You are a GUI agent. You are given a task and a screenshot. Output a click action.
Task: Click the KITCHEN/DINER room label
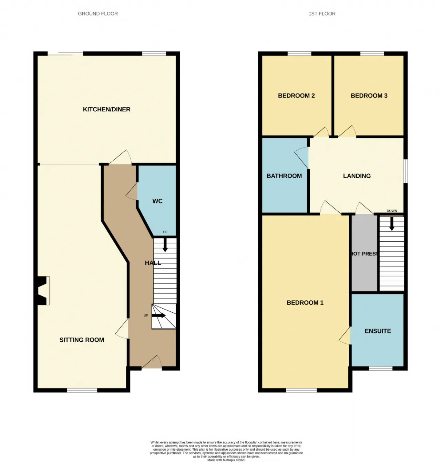pos(106,109)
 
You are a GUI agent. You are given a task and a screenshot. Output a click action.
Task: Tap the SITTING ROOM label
pos(82,340)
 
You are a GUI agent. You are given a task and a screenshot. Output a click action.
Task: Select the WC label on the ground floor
pos(157,201)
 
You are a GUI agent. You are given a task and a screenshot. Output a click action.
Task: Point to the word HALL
pos(153,263)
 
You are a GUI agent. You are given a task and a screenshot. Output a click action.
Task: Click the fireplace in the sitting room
pos(42,290)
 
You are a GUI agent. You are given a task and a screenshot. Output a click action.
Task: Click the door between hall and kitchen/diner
pos(121,157)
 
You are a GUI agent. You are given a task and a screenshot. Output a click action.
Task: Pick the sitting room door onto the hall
pos(122,328)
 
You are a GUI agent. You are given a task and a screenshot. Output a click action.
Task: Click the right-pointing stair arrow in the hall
pos(158,315)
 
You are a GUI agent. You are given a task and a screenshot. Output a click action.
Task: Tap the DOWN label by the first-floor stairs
pos(392,211)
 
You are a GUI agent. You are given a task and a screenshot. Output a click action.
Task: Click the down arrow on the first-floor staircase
pos(392,223)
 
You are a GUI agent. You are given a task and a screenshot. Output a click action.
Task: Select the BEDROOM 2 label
pos(296,96)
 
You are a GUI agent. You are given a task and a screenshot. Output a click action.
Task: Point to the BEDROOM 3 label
pos(369,96)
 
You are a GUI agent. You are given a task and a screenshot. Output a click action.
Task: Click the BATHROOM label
pos(284,176)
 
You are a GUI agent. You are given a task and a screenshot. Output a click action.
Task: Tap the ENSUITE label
pos(378,331)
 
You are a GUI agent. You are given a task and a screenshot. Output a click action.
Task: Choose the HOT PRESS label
pos(365,254)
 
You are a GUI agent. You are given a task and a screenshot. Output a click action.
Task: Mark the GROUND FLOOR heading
pos(98,14)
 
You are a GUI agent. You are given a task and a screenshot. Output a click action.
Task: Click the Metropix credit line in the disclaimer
pos(226,460)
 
